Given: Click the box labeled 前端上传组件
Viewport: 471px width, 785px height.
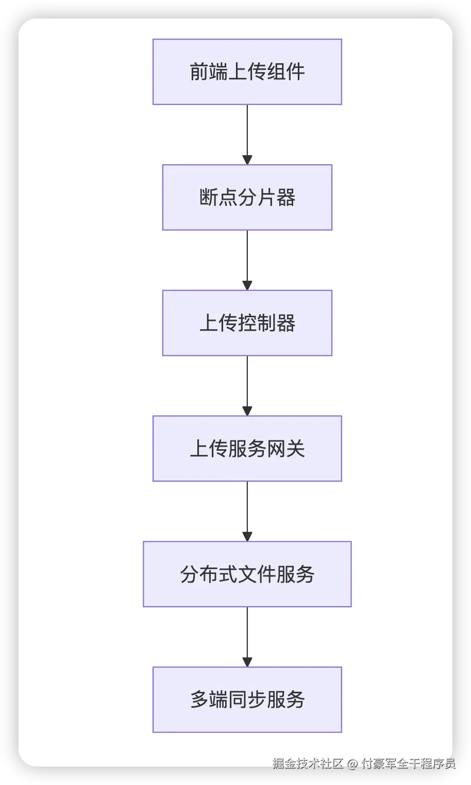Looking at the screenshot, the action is click(247, 72).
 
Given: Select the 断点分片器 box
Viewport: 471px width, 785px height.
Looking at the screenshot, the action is click(247, 197).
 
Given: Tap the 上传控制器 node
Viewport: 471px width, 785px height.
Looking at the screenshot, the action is click(247, 323).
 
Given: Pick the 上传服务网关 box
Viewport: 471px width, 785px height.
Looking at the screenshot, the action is click(247, 448).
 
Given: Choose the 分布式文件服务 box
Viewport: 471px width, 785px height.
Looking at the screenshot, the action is click(247, 574).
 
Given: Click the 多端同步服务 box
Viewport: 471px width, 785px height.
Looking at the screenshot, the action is click(247, 699).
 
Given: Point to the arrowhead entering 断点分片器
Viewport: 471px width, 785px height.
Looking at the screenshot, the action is click(247, 160).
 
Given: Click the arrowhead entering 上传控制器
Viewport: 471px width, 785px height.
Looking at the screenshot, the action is click(247, 285).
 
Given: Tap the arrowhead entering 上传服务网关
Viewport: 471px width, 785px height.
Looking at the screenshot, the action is click(247, 411).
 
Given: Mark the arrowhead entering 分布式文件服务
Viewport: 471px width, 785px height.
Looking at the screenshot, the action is click(247, 536).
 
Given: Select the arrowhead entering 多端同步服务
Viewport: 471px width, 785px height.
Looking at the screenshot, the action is click(247, 662).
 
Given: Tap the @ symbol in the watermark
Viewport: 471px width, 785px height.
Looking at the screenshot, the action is click(352, 763).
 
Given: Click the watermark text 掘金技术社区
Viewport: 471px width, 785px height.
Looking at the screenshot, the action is click(308, 763).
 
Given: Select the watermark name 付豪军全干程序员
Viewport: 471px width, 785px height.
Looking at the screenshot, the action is click(408, 763).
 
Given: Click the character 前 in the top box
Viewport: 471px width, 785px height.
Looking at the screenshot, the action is click(199, 72).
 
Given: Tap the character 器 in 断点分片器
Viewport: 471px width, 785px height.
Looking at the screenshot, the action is click(285, 197).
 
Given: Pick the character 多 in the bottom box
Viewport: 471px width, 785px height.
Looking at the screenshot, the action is click(199, 699).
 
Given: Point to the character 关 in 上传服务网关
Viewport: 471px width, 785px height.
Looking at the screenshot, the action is click(295, 448).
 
